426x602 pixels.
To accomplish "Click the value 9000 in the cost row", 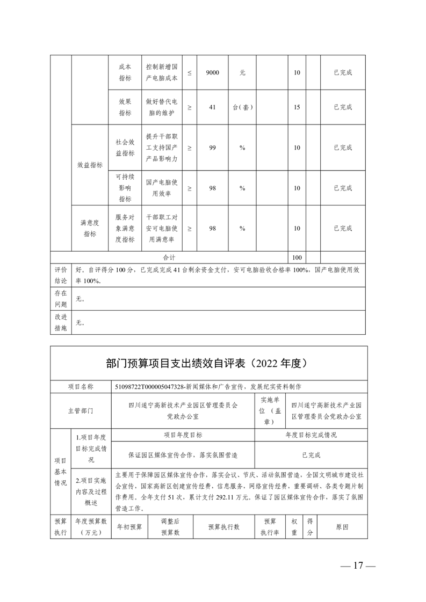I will point(212,72).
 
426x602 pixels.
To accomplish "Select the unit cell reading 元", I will point(242,72).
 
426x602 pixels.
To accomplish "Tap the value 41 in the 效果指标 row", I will point(212,107).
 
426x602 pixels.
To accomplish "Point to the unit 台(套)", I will point(242,107).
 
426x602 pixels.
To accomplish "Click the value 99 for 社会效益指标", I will point(212,148).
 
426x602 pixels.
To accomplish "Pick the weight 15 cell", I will point(297,107).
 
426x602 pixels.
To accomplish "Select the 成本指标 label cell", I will point(125,72).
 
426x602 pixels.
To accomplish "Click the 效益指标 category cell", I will point(90,165).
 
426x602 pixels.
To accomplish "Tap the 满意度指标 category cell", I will point(90,228).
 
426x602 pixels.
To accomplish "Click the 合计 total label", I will point(169,258).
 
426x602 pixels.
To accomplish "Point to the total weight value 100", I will point(297,258).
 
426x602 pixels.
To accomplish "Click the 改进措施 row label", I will point(61,322).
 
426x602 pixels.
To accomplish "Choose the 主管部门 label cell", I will point(81,410).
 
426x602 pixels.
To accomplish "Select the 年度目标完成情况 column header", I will point(311,435).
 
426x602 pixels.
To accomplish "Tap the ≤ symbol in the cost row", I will point(189,72).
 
